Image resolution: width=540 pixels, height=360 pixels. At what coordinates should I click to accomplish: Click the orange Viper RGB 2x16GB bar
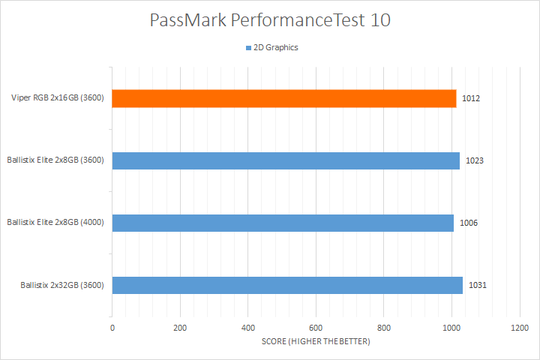coord(284,98)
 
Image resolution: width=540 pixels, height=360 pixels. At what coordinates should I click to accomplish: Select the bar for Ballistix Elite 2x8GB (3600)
coord(286,160)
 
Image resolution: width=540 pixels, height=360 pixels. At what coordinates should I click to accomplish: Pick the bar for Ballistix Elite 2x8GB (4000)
coord(283,223)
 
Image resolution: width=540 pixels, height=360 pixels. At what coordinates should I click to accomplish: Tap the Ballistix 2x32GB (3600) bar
coord(287,285)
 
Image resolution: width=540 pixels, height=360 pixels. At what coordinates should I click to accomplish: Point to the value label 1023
coord(474,160)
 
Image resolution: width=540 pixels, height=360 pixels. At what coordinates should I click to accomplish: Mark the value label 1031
coord(477,285)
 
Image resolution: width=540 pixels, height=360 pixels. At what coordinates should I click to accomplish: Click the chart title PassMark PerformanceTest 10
coord(270,20)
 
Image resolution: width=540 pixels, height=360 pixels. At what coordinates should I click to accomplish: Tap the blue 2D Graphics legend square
coord(248,48)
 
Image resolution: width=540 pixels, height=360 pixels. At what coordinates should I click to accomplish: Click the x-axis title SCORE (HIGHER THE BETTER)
coord(316,342)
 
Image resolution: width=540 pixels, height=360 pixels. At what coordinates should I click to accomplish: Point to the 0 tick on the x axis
coord(112,328)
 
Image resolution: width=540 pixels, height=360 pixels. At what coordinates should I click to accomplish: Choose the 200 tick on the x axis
coord(180,328)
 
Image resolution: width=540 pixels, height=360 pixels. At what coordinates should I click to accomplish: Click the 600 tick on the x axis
coord(316,328)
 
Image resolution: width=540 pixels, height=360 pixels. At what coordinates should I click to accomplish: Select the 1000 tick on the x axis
coord(451,328)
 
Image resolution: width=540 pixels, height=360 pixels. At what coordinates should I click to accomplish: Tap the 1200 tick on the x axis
coord(519,328)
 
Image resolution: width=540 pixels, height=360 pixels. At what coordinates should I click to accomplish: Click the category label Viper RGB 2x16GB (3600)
coord(57,98)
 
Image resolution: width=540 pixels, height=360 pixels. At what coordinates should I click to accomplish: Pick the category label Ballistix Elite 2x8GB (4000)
coord(55,223)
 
